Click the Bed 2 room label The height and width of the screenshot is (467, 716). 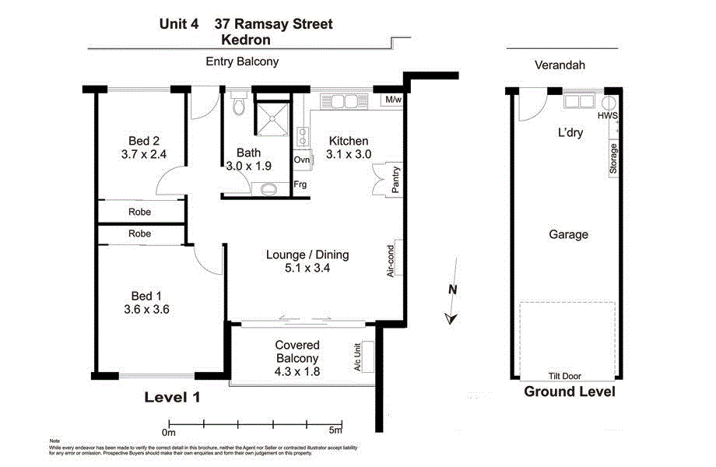coord(144,141)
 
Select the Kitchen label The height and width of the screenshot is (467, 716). coord(348,141)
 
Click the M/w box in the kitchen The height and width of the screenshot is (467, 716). coord(391,100)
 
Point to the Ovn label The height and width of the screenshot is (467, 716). coord(301,160)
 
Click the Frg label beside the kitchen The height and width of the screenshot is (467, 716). coord(300,184)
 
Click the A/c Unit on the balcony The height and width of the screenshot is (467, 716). coord(360,359)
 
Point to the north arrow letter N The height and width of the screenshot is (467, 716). coord(452,290)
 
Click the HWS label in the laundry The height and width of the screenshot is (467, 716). coord(608,116)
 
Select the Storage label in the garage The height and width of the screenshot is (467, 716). coord(614,160)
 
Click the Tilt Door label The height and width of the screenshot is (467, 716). coord(567,376)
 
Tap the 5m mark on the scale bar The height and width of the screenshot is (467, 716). coord(335,430)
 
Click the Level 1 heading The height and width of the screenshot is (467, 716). coord(172,397)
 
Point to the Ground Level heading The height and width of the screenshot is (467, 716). coord(569,392)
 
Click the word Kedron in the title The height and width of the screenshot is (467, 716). coord(246,40)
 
